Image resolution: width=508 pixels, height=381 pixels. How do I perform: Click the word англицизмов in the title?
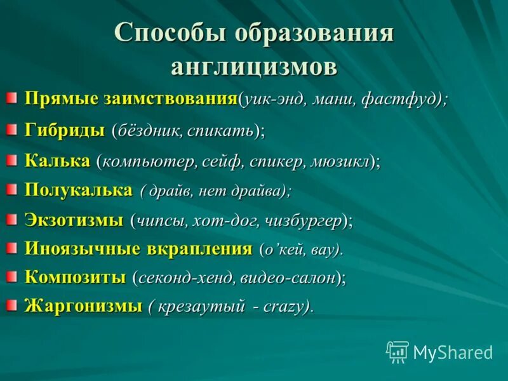pos(254,66)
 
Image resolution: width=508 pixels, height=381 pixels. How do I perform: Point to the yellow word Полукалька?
pos(79,189)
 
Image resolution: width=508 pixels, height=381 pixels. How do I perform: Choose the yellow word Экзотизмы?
pos(74,220)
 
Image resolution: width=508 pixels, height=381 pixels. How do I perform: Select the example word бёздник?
pos(150,131)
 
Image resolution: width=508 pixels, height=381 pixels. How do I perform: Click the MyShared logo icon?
pos(398,352)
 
